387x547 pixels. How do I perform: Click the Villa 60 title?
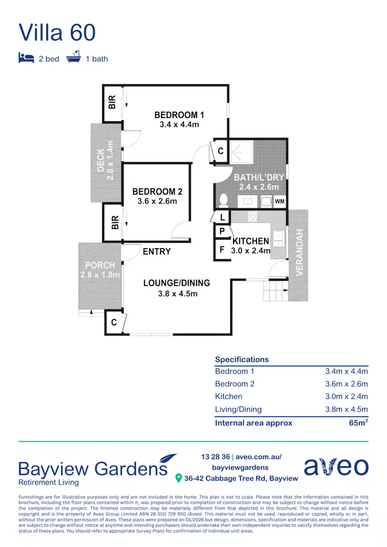point(57,32)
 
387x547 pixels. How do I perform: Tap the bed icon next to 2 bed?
point(26,58)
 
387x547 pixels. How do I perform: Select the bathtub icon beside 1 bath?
point(74,57)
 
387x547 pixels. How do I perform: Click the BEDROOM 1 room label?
point(179,115)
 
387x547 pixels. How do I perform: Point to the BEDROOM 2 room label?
point(157,191)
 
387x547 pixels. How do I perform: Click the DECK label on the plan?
point(101,160)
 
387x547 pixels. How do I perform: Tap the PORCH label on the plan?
point(100,265)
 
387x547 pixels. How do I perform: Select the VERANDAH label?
point(299,252)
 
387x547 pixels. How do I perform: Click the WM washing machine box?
point(279,202)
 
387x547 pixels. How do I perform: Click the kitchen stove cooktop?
point(252,217)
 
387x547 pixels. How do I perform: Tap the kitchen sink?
point(278,237)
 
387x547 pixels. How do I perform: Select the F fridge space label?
point(222,250)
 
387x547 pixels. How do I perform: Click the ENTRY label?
point(157,251)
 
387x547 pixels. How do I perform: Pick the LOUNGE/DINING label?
point(176,283)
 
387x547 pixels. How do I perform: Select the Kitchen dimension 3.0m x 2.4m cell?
point(346,397)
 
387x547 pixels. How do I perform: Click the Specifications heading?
point(242,359)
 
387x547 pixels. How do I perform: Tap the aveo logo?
point(336,466)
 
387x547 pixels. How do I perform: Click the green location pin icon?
point(178,478)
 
